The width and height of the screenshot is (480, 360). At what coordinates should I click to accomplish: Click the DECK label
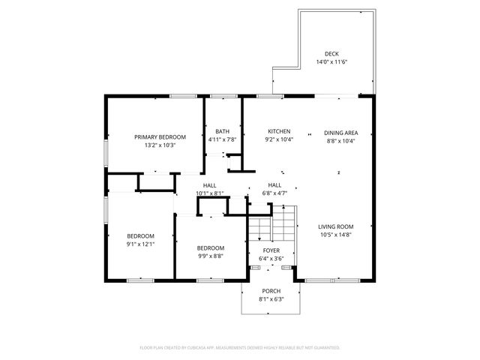(x=331, y=53)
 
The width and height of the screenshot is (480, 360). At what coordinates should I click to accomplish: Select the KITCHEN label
(x=279, y=131)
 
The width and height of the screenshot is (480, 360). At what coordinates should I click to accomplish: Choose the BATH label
(x=222, y=131)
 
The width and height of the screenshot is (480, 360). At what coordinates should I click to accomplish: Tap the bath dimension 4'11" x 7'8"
(x=222, y=139)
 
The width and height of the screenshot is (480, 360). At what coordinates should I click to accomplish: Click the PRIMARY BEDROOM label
(x=160, y=136)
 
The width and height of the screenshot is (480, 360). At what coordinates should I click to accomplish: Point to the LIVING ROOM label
(x=335, y=226)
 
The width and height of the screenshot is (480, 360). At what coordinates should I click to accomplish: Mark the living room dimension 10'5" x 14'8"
(x=335, y=235)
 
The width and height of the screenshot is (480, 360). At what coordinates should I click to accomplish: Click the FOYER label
(x=271, y=250)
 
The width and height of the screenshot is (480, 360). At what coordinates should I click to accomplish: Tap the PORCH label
(x=271, y=291)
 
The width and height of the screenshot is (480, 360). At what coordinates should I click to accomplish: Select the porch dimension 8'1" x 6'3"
(x=271, y=299)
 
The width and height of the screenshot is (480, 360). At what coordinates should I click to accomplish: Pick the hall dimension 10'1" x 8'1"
(x=209, y=193)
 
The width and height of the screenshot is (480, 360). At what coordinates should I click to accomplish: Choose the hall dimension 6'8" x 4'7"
(x=274, y=193)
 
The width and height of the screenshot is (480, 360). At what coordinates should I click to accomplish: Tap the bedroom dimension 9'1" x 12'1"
(x=140, y=243)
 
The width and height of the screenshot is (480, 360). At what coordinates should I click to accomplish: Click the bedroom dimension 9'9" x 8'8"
(x=210, y=256)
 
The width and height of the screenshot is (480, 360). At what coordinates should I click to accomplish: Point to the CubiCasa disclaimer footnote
(x=240, y=348)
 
